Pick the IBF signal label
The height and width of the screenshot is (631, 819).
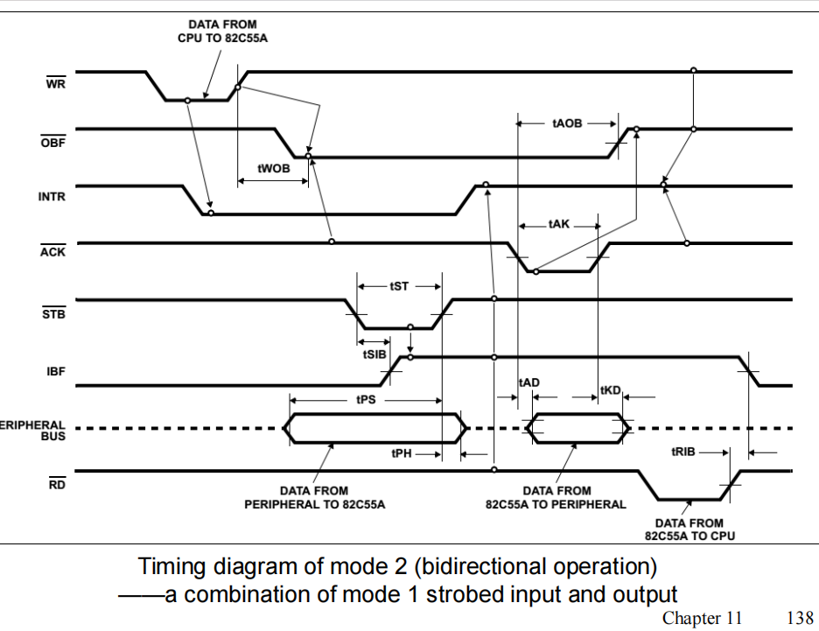[56, 372]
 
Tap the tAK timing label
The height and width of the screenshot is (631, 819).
[559, 225]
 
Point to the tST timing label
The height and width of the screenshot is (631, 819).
[399, 285]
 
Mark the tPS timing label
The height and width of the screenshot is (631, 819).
[367, 399]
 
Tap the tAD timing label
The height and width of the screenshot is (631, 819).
[528, 382]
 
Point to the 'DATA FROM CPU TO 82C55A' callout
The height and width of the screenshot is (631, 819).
[223, 32]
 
